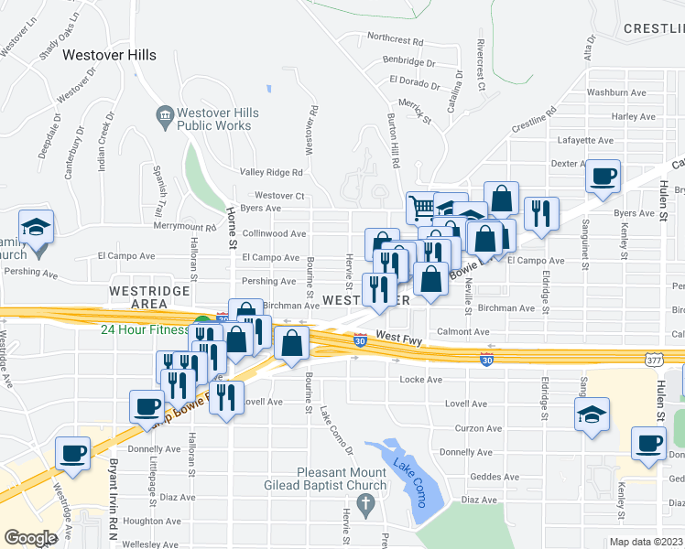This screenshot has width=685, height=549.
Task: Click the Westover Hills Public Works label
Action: [x=220, y=119]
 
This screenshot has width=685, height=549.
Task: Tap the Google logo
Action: [x=30, y=538]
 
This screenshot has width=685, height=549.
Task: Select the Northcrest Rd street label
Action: [x=395, y=41]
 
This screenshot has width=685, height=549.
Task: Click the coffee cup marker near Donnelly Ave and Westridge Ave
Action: [x=73, y=451]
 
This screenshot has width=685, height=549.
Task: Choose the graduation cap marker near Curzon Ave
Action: [x=592, y=413]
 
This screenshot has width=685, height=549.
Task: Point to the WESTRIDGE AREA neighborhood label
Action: [x=149, y=296]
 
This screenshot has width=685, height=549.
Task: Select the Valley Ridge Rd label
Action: [x=270, y=172]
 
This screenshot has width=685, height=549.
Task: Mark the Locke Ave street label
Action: [x=421, y=380]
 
